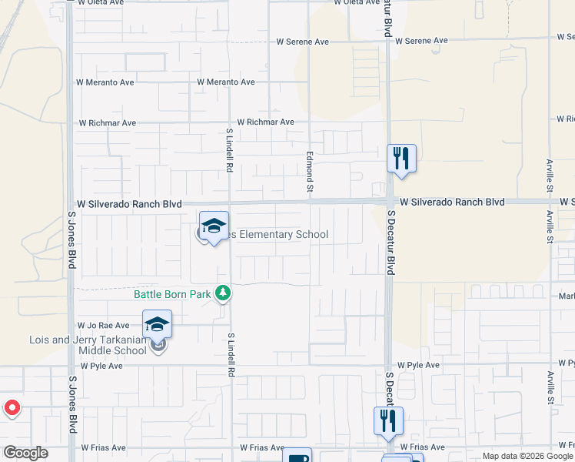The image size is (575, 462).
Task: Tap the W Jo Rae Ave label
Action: coord(103,326)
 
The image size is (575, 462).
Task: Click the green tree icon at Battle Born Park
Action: coord(223,293)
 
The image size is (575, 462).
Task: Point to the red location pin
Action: coord(12,407)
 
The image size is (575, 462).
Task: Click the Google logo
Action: coord(25,453)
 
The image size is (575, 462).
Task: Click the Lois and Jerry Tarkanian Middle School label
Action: coord(88,345)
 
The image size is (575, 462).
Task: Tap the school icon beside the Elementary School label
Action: coord(214,226)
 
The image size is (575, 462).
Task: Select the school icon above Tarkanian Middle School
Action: coord(157,324)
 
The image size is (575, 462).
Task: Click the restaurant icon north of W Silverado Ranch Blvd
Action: coord(401,159)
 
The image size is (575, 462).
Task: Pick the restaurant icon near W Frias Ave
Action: coord(388,420)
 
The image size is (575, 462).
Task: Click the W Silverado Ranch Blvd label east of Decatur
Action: coord(451,202)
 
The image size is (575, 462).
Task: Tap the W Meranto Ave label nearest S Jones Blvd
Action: coord(105,82)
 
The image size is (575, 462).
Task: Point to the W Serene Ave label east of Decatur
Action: coord(421,41)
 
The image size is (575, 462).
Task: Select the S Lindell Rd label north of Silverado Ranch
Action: coord(229,149)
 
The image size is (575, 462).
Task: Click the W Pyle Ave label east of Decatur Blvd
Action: coord(418,365)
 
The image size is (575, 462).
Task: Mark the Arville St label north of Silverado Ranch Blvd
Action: coord(550,176)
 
